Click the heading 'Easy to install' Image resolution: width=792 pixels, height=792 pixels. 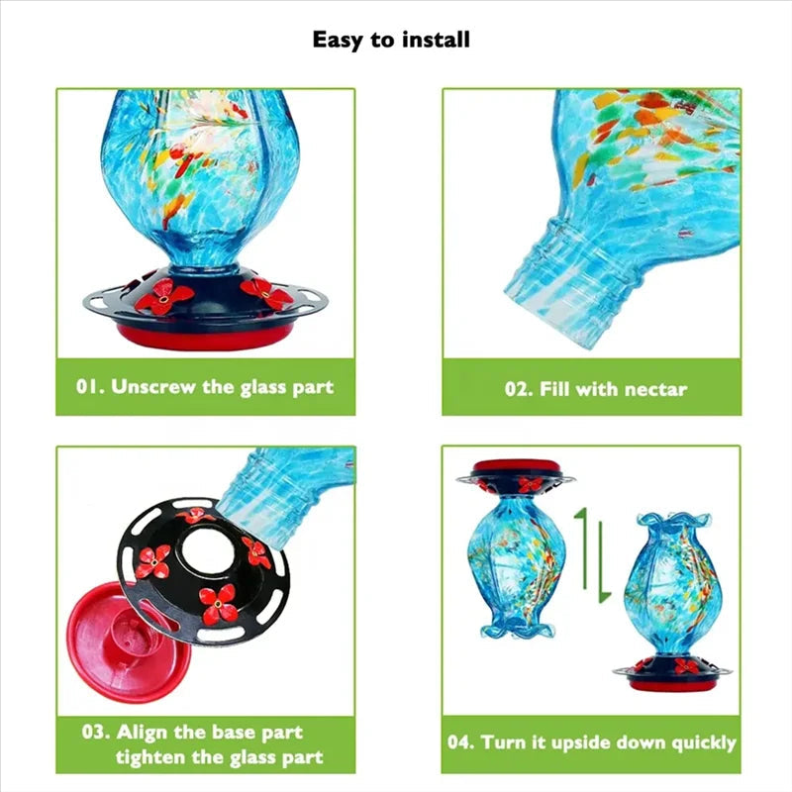[x=391, y=40]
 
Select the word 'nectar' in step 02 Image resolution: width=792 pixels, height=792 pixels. [x=654, y=389]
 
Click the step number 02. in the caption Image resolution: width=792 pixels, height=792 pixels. [x=519, y=389]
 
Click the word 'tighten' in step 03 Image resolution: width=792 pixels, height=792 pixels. [x=153, y=758]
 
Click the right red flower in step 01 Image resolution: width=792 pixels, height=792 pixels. [x=266, y=292]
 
